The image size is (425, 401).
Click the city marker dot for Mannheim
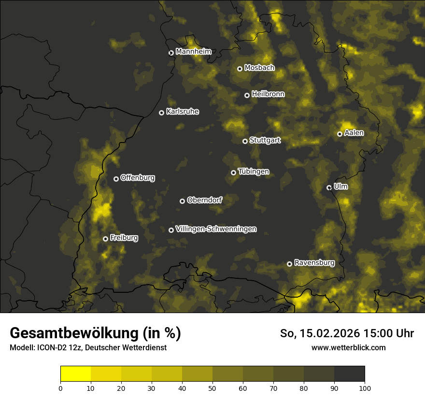click(x=171, y=53)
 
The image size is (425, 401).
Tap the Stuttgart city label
click(x=265, y=140)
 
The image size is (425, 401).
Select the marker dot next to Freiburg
click(x=105, y=239)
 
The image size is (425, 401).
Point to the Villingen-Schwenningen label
click(x=216, y=229)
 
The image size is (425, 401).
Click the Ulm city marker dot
click(x=329, y=187)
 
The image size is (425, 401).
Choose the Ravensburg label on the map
click(x=314, y=263)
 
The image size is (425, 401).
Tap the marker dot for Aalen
click(x=340, y=134)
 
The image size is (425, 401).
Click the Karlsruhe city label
click(x=182, y=112)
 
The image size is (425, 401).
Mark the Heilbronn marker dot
click(x=247, y=95)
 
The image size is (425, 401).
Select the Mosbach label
click(x=259, y=68)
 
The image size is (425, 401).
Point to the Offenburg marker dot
click(x=116, y=179)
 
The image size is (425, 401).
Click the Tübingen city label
click(x=253, y=172)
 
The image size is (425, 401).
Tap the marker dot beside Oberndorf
click(x=182, y=201)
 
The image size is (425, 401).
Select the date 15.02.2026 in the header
click(x=326, y=333)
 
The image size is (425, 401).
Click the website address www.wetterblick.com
click(x=348, y=348)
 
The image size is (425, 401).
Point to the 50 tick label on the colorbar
click(x=212, y=388)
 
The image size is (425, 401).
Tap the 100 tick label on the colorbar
click(x=365, y=388)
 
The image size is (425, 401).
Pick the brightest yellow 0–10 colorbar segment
click(x=75, y=374)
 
